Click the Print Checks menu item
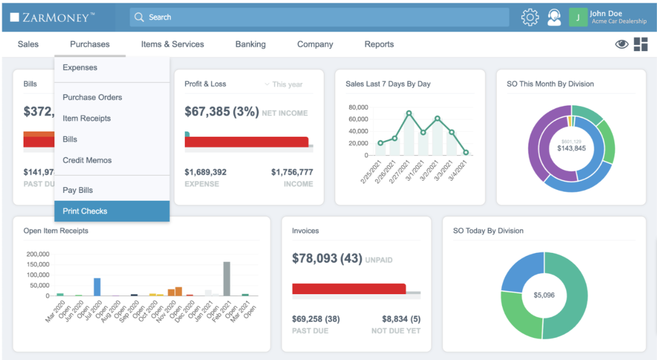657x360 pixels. pyautogui.click(x=85, y=211)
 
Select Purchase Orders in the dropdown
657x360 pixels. pyautogui.click(x=92, y=97)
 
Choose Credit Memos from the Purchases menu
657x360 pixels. pyautogui.click(x=87, y=160)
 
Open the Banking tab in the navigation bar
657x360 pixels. pyautogui.click(x=250, y=44)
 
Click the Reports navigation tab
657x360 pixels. pyautogui.click(x=379, y=44)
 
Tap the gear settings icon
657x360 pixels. pyautogui.click(x=530, y=18)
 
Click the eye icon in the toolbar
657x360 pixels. pyautogui.click(x=621, y=44)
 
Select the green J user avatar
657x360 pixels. pyautogui.click(x=578, y=18)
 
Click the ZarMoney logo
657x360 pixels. pyautogui.click(x=52, y=18)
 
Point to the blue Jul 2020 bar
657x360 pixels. pyautogui.click(x=97, y=286)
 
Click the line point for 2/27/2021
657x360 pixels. pyautogui.click(x=409, y=114)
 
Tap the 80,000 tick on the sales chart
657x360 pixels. pyautogui.click(x=358, y=107)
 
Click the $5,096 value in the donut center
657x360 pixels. pyautogui.click(x=544, y=295)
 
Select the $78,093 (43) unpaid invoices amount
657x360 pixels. pyautogui.click(x=327, y=258)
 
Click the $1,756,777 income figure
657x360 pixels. pyautogui.click(x=292, y=172)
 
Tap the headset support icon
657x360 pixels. pyautogui.click(x=554, y=18)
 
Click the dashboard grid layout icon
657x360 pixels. pyautogui.click(x=641, y=44)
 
